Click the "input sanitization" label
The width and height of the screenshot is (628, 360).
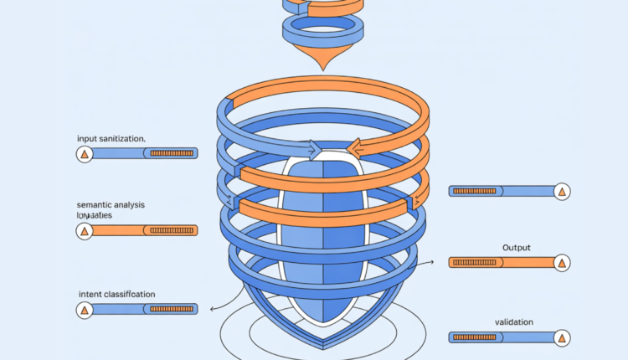pyautogui.click(x=110, y=137)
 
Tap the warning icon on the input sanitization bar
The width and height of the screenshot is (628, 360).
pyautogui.click(x=84, y=154)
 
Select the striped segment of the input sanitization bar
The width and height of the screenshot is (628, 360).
pyautogui.click(x=172, y=154)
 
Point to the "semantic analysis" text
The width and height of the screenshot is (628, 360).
pyautogui.click(x=109, y=204)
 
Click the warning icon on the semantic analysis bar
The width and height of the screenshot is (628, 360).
pyautogui.click(x=84, y=230)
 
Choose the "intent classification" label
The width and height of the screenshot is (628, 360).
pyautogui.click(x=116, y=294)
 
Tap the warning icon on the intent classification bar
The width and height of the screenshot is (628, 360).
pyautogui.click(x=84, y=311)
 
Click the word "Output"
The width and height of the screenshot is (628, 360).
pyautogui.click(x=517, y=248)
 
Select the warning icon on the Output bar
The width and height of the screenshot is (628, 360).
pyautogui.click(x=563, y=262)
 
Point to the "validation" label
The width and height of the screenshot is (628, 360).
pyautogui.click(x=514, y=322)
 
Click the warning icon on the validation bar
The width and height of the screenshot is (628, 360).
pyautogui.click(x=563, y=337)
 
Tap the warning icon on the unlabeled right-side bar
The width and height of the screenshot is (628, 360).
pyautogui.click(x=563, y=191)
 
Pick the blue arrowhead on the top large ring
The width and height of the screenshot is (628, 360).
pyautogui.click(x=317, y=152)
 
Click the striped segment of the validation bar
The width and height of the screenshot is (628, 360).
pyautogui.click(x=475, y=337)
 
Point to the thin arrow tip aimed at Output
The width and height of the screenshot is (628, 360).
pyautogui.click(x=434, y=261)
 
